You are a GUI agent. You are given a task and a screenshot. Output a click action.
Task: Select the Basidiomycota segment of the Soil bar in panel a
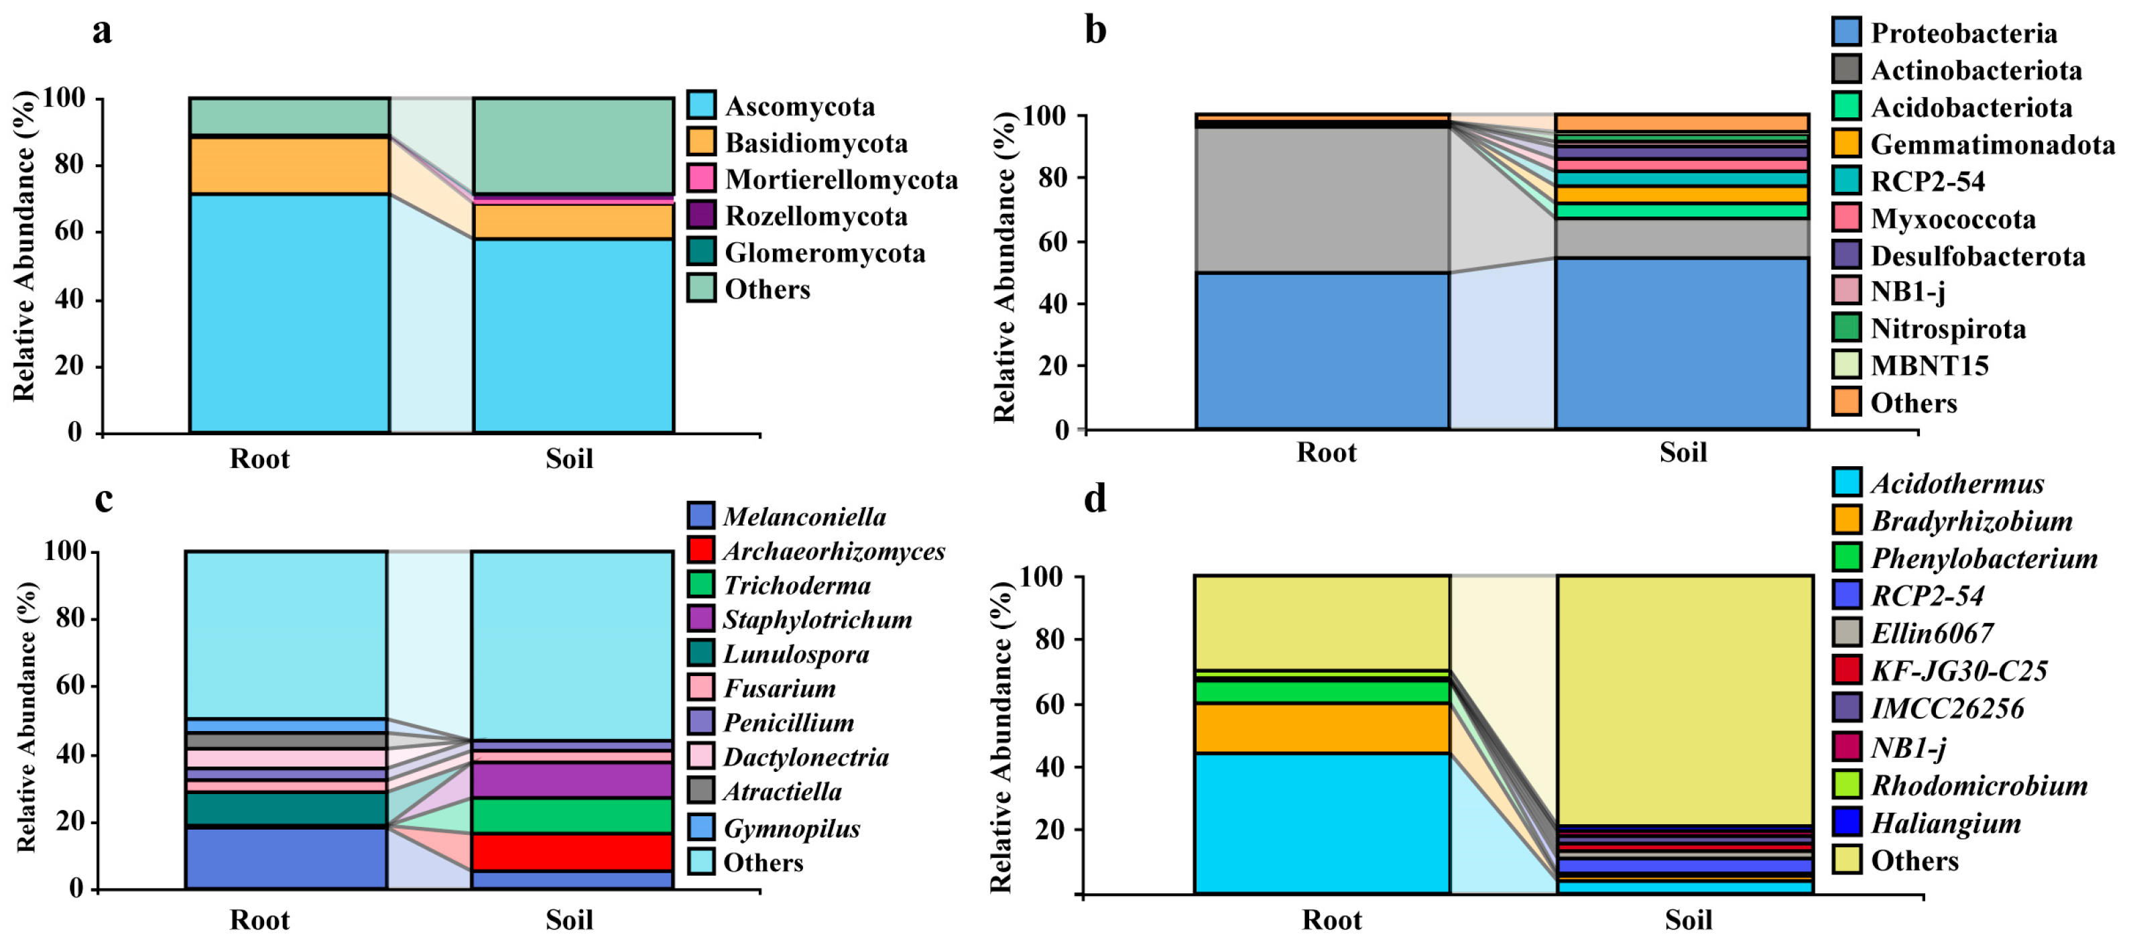coord(572,221)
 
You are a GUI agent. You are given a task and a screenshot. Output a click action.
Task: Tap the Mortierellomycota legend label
coord(841,179)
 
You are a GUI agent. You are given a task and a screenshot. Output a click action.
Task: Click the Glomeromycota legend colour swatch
coord(701,252)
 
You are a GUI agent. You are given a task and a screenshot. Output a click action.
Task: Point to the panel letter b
coord(1095,31)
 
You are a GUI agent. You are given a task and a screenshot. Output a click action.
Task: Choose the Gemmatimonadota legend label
coord(1992,145)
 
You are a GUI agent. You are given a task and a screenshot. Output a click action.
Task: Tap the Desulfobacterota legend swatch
coord(1845,255)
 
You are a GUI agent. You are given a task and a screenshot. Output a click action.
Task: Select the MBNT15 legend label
coord(1929,366)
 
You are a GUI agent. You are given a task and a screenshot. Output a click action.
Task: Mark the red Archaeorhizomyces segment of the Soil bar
coord(572,852)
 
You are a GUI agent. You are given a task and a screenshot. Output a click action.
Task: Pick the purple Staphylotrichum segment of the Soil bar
coord(572,779)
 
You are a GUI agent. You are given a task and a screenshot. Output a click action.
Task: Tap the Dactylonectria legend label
coord(805,757)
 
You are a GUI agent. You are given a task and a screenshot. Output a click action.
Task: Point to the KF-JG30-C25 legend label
coord(1959,671)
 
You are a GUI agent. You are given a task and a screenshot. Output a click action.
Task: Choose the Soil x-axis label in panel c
coord(568,919)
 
